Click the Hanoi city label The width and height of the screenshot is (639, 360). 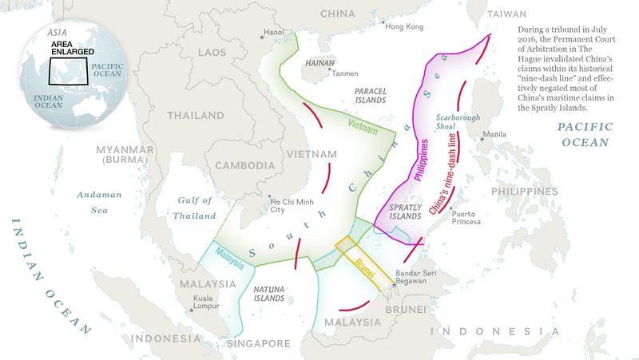pyautogui.click(x=274, y=32)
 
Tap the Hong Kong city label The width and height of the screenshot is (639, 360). pyautogui.click(x=403, y=26)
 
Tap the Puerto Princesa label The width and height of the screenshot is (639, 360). pyautogui.click(x=466, y=217)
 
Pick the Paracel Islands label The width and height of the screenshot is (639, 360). pyautogui.click(x=370, y=96)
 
